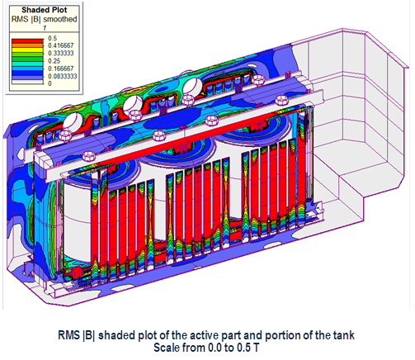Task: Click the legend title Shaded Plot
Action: pos(45,10)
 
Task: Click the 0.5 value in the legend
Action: pos(53,38)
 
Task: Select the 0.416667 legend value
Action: pos(61,45)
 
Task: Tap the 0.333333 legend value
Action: pos(61,53)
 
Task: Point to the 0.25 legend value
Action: pos(54,61)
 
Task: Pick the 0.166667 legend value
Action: pos(61,69)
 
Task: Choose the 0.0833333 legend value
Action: pos(63,76)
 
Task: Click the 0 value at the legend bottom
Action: pos(50,83)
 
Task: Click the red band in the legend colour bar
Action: pos(27,41)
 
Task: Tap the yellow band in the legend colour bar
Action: pos(27,50)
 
